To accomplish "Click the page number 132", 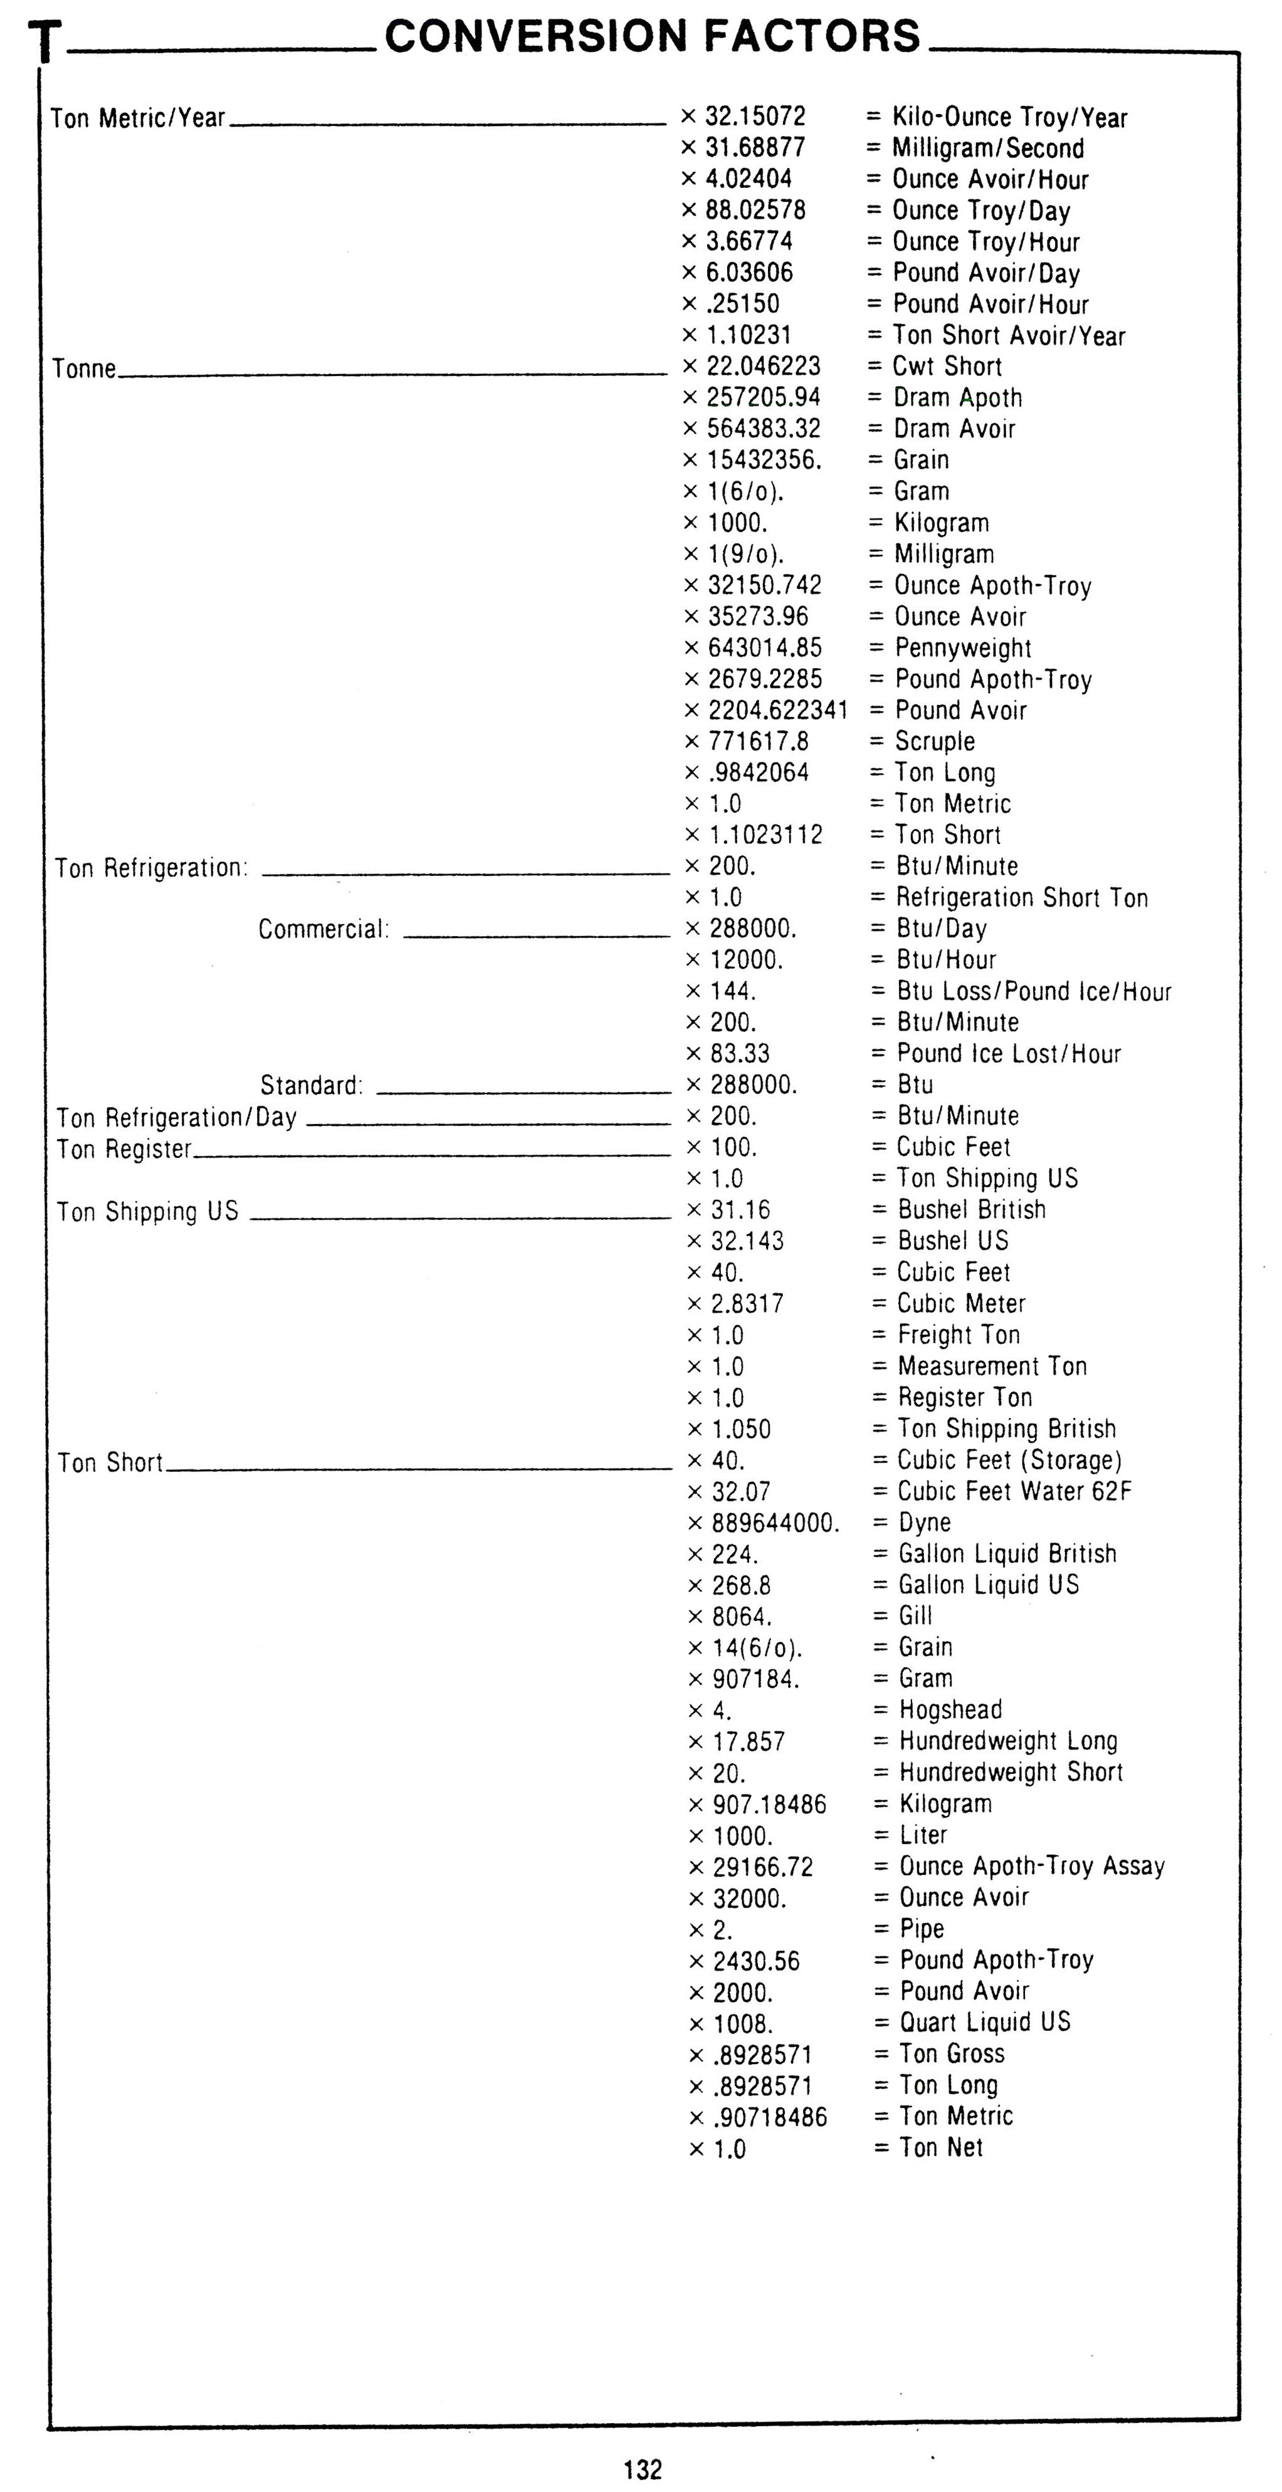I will point(643,2469).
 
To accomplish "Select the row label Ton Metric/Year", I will point(137,118).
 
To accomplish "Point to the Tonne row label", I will point(84,368).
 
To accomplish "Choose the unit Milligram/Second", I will point(987,148).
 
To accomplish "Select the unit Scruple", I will point(935,741).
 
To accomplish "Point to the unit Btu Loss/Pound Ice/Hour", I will point(1033,991).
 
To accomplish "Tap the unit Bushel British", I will point(972,1209).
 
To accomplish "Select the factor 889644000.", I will point(775,1523).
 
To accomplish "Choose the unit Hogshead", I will point(950,1709).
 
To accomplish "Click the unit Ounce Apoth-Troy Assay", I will point(1031,1866).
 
